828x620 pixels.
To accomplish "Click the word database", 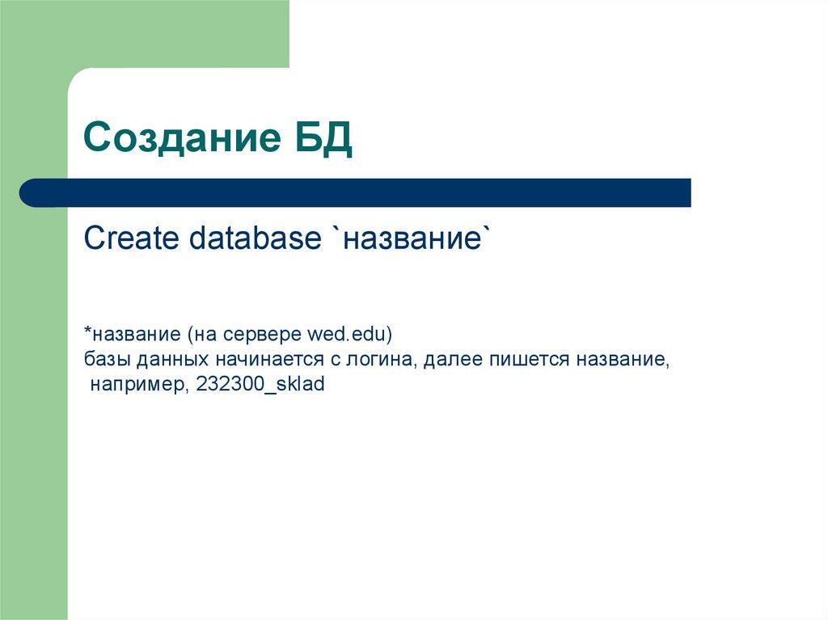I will click(256, 238).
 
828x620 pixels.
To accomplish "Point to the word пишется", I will click(517, 359).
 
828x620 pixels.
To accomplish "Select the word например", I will click(139, 385).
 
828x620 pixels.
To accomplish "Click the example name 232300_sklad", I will click(260, 385).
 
